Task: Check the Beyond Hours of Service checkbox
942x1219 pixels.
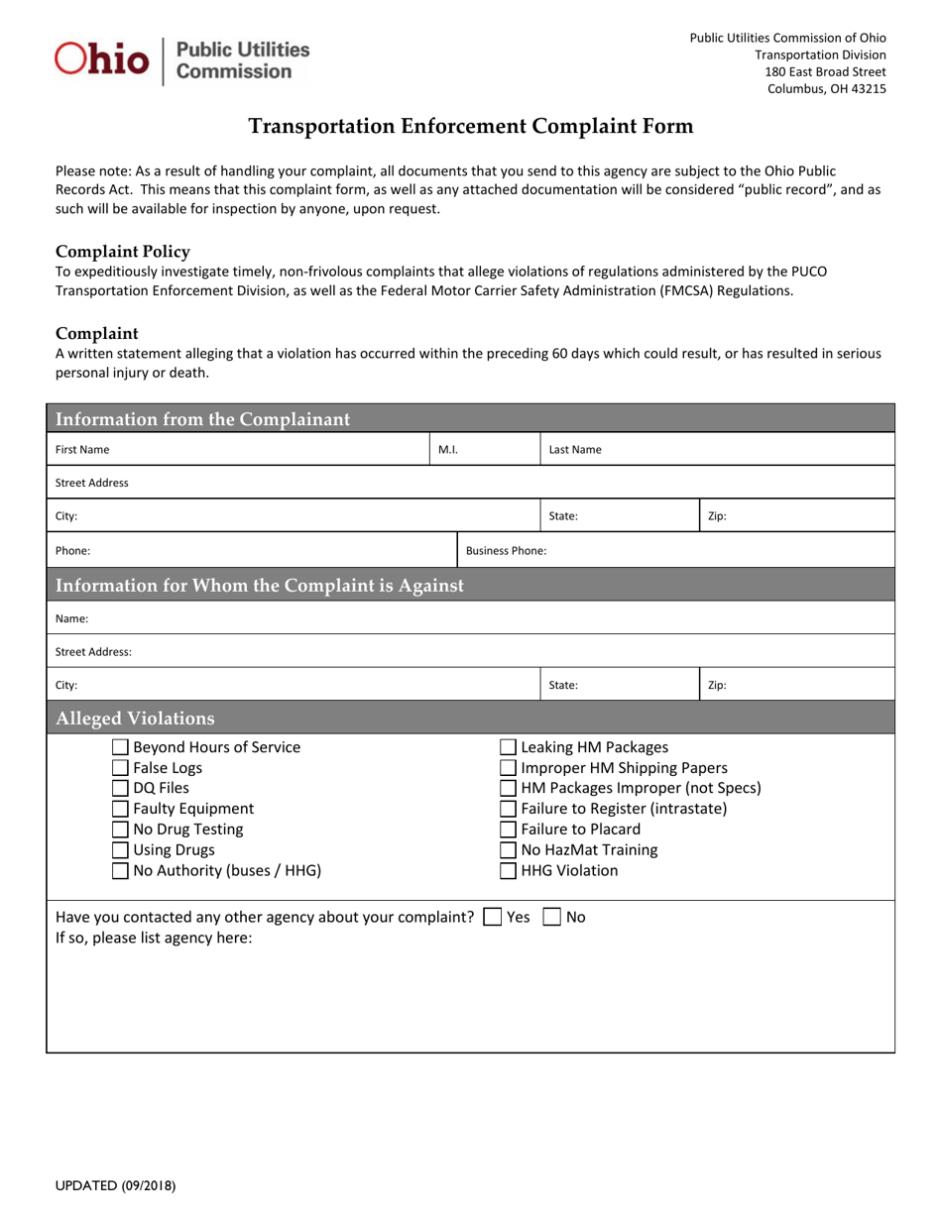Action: [x=120, y=747]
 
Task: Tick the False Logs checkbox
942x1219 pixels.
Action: [x=120, y=768]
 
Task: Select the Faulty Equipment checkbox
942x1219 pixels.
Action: [x=120, y=810]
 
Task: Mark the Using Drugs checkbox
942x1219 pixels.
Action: [x=120, y=851]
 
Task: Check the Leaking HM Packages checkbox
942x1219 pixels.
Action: [x=508, y=747]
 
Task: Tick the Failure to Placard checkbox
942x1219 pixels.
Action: [x=508, y=831]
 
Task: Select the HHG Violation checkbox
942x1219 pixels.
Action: [x=508, y=872]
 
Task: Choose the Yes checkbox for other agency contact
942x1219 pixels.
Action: [x=492, y=918]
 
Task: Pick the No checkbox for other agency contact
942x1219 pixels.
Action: [x=551, y=918]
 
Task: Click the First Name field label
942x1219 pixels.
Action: [x=82, y=450]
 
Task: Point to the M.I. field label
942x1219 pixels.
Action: [x=448, y=450]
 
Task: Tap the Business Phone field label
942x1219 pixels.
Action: [x=506, y=551]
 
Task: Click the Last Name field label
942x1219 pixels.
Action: [x=575, y=450]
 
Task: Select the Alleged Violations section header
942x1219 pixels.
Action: [x=135, y=719]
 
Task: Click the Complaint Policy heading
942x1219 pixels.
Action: [x=123, y=252]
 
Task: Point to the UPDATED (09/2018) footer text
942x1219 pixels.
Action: [x=116, y=1184]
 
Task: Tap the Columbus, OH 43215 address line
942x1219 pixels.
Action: [x=827, y=89]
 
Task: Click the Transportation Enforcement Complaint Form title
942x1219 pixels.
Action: [x=470, y=127]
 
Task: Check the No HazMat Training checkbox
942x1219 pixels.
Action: [x=508, y=851]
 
